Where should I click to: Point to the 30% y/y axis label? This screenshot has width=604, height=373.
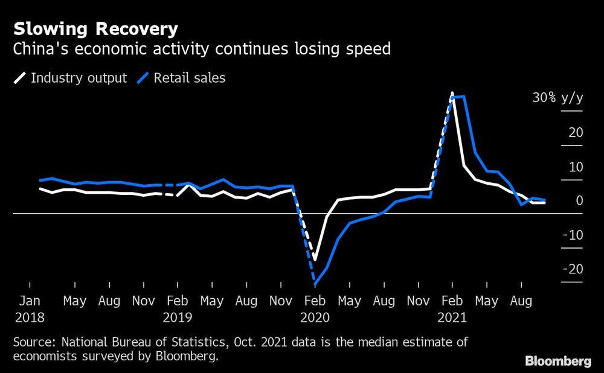coord(557,98)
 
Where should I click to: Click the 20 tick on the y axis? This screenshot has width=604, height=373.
coord(576,132)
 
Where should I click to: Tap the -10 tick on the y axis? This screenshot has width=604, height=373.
coord(573,235)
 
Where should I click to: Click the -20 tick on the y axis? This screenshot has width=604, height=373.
coord(573,269)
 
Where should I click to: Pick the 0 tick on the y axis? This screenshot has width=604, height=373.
coord(579,200)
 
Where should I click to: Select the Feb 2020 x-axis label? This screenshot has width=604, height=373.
coord(315,308)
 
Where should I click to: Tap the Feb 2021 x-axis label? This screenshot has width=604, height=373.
coord(452,308)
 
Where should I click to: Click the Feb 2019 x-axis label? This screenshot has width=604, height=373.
coord(177,308)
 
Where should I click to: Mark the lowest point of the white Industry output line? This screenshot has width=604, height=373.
coord(315,258)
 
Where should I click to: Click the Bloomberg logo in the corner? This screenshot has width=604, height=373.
coord(558,362)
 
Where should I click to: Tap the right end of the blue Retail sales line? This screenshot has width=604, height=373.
coord(545,200)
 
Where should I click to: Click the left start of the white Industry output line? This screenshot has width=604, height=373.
coord(40,189)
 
